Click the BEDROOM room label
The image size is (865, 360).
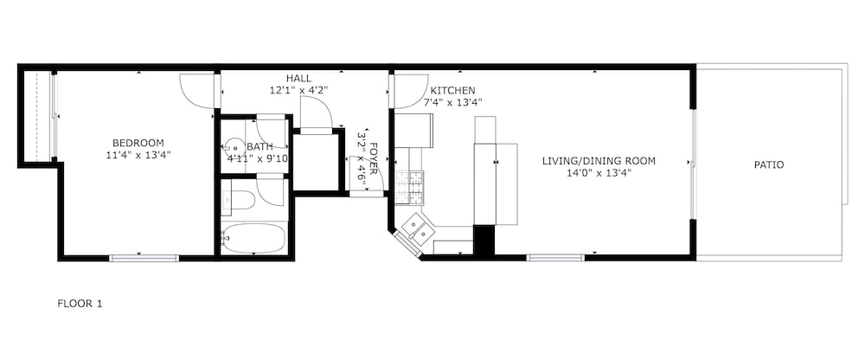click(x=138, y=143)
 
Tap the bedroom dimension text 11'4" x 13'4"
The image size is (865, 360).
click(x=138, y=155)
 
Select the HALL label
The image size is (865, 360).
click(x=298, y=78)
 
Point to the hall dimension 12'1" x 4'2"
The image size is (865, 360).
click(x=298, y=90)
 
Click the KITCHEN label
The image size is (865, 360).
click(x=453, y=90)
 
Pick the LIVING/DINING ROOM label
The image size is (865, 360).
click(x=599, y=161)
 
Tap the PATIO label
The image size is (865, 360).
click(x=769, y=164)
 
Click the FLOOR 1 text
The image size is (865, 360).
click(x=80, y=303)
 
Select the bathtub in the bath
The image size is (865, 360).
click(x=253, y=238)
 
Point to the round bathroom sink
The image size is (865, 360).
click(x=234, y=147)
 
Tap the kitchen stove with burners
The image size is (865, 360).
click(x=409, y=185)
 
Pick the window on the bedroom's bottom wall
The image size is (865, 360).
click(x=144, y=257)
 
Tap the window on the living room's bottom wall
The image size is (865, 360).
click(x=555, y=257)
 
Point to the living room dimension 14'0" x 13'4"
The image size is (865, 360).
click(x=599, y=173)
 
